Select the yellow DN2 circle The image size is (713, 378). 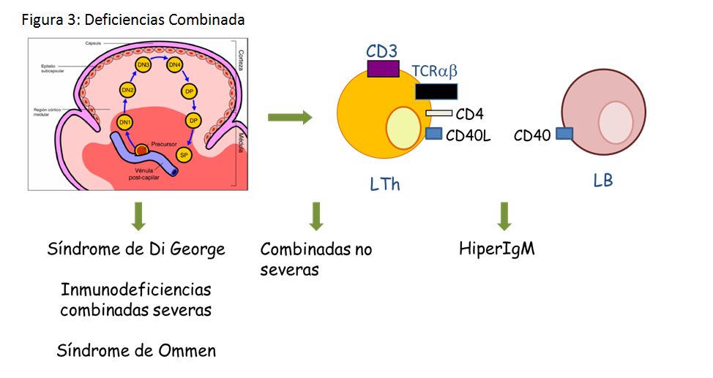coord(128,90)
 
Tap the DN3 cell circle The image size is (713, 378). coord(143,66)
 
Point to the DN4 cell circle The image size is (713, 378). coord(175,66)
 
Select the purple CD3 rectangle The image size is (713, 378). coord(383,69)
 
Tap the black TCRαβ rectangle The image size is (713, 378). coord(436,91)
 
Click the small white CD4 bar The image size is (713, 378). coord(439,113)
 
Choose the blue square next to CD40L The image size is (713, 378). coord(434,134)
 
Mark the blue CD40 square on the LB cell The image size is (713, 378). coord(564,133)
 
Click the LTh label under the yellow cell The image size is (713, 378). coord(385,184)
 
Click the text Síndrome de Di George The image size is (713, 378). coord(135,249)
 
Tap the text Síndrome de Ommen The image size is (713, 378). coord(136,350)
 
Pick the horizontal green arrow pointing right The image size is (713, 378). coord(290,118)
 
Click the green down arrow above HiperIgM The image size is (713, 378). coord(504,216)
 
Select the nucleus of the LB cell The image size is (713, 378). coord(616,121)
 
